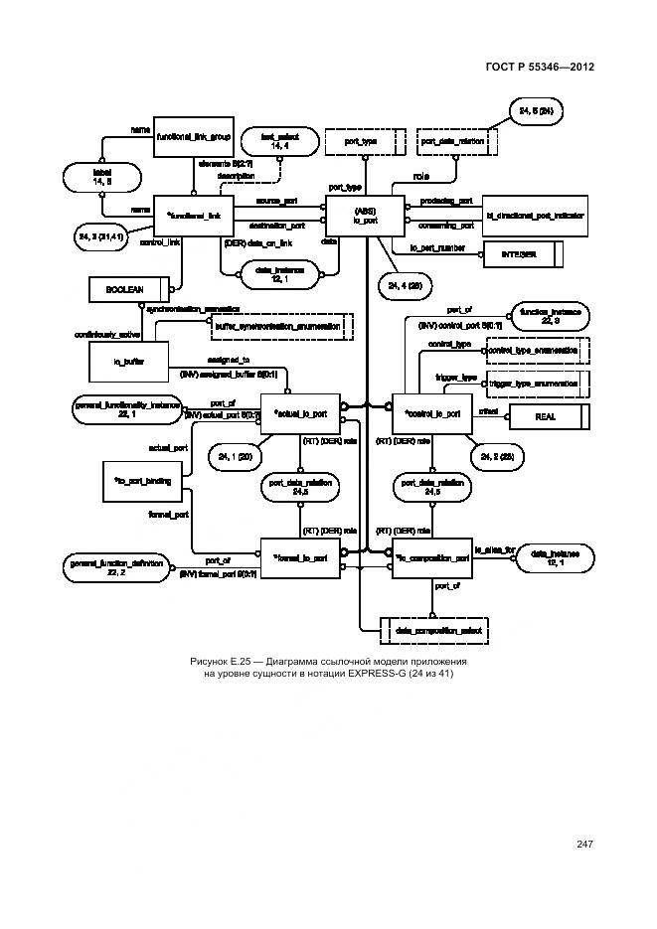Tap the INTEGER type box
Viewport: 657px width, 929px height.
click(527, 255)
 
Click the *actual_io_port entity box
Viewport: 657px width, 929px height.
click(300, 412)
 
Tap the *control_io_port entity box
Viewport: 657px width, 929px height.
click(431, 412)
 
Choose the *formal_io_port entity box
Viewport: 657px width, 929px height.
click(300, 557)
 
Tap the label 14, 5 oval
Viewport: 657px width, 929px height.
click(100, 177)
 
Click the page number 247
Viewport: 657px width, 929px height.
click(583, 845)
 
